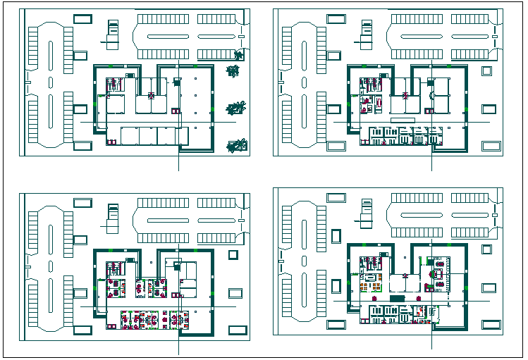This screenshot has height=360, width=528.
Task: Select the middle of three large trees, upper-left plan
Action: pyautogui.click(x=235, y=108)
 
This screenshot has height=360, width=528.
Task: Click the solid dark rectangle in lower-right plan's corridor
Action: pyautogui.click(x=397, y=299)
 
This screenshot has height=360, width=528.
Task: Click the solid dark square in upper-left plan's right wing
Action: pyautogui.click(x=176, y=82)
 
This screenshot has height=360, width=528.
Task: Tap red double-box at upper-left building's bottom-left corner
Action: pyautogui.click(x=111, y=142)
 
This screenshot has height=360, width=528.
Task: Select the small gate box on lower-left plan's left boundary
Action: pyautogui.click(x=26, y=266)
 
